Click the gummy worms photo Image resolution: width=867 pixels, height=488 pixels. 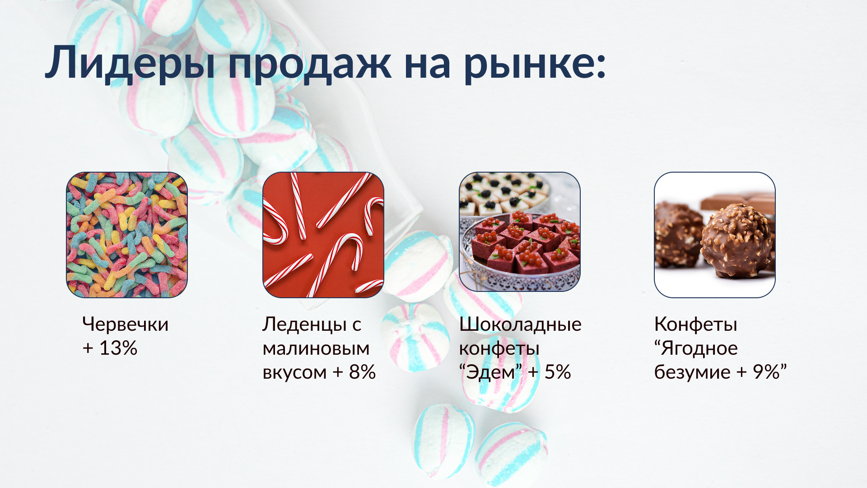tap(127, 235)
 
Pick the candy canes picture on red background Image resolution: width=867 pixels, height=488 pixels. tap(323, 235)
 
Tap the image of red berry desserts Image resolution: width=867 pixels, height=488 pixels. tap(520, 231)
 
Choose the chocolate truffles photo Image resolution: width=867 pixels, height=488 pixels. tap(715, 235)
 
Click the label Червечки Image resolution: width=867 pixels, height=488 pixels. tap(126, 324)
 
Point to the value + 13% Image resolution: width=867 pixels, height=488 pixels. tap(110, 348)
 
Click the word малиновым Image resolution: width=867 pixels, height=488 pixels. tap(316, 349)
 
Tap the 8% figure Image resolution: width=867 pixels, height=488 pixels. tap(362, 372)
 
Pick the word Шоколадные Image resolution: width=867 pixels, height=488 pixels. tap(520, 324)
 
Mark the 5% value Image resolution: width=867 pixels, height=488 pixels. tap(557, 372)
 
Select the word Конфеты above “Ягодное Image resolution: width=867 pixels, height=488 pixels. tap(695, 324)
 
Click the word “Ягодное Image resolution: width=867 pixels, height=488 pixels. tap(696, 349)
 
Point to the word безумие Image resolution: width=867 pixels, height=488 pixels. tap(692, 372)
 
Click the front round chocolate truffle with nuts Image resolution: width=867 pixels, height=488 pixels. tap(736, 242)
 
